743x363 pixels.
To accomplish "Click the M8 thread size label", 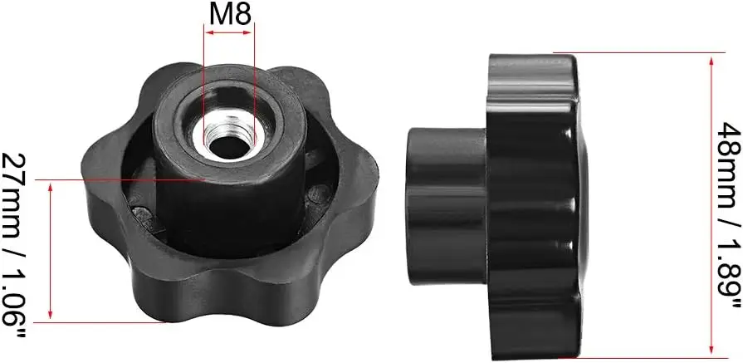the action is point(230,16).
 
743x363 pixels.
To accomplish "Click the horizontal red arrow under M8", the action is point(230,32).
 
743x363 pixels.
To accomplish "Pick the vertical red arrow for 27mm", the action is point(51,251).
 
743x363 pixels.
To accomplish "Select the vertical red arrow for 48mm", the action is point(711,205).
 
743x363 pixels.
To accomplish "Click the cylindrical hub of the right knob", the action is point(447,206).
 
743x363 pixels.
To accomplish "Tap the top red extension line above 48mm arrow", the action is point(639,52).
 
